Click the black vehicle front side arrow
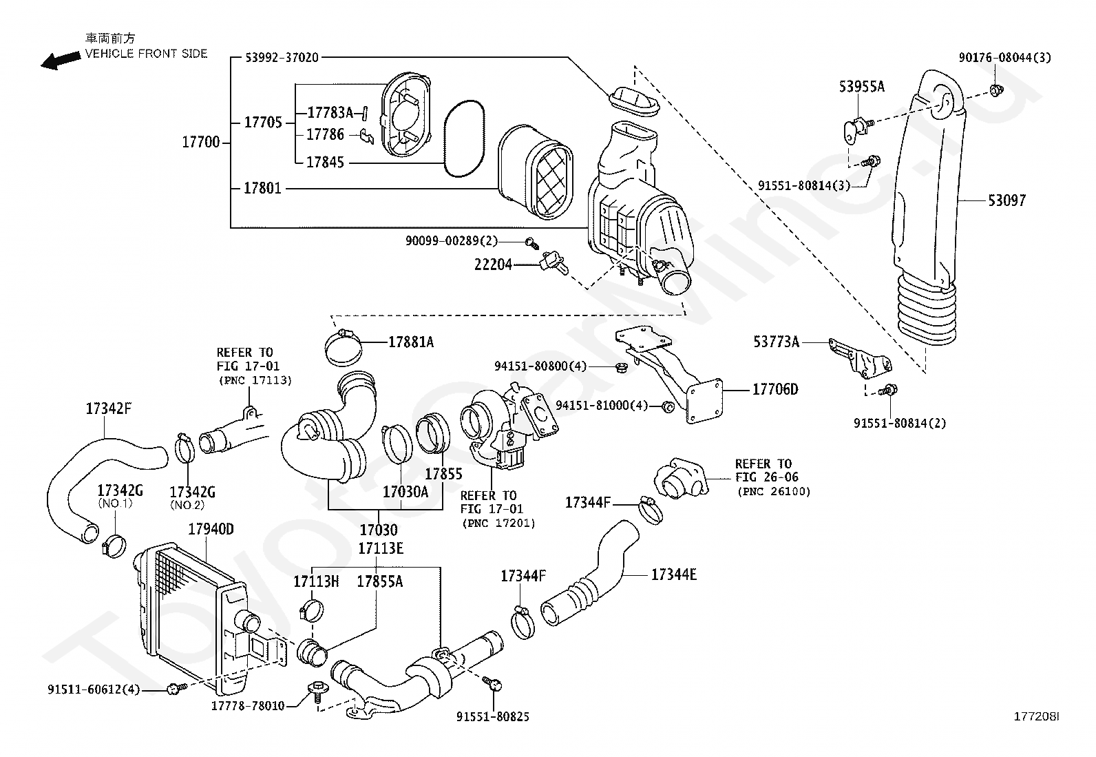[60, 61]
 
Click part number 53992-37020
[282, 58]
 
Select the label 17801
[263, 188]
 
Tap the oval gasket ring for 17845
[464, 138]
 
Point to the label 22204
[493, 265]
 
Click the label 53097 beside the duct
[1007, 200]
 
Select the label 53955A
[862, 87]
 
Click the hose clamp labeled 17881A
[344, 348]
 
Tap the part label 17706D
[775, 389]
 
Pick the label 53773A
[777, 341]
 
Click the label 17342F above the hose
[109, 408]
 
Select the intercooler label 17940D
[211, 529]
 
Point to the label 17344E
[674, 574]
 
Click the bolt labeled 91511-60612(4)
[177, 688]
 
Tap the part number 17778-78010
[248, 705]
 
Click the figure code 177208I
[1036, 716]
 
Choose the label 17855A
[380, 581]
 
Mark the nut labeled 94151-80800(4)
[620, 366]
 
